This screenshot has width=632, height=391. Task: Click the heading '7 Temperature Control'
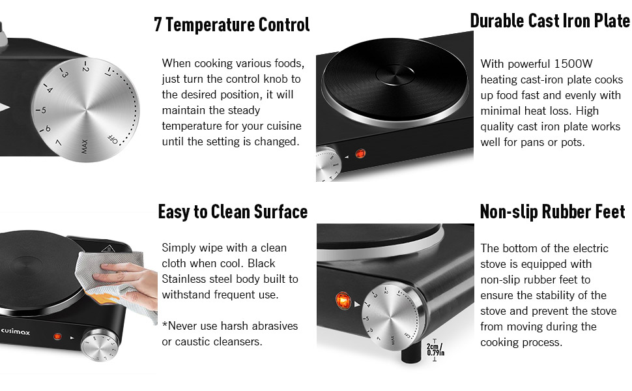click(x=231, y=25)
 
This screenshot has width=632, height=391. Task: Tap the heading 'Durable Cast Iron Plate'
click(x=549, y=21)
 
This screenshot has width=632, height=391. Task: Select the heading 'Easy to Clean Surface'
click(x=233, y=212)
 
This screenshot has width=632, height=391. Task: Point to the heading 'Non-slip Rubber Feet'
click(x=552, y=212)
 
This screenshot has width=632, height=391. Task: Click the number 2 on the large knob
click(x=85, y=67)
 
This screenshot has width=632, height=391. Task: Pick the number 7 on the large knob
click(x=59, y=143)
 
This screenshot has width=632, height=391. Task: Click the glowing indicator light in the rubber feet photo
click(x=343, y=300)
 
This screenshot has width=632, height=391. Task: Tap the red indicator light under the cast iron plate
click(x=360, y=154)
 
